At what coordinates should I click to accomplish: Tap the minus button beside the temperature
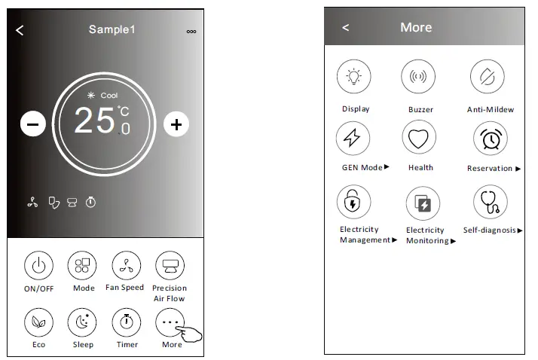33,124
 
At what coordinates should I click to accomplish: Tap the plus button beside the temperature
176,124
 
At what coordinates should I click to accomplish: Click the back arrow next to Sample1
20,30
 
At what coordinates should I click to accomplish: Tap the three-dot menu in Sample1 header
191,31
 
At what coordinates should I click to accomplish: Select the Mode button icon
83,265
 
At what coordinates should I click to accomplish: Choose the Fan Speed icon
126,265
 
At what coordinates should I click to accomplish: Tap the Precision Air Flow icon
169,265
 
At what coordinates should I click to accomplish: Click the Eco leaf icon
39,322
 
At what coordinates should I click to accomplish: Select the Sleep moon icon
83,322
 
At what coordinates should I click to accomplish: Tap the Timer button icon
126,322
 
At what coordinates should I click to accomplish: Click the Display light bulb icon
353,76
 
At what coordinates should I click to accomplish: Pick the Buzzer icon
418,77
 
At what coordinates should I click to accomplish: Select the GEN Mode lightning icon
353,139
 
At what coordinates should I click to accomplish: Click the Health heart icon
418,139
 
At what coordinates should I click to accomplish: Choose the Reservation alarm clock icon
490,139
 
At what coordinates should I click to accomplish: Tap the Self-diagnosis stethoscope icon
490,202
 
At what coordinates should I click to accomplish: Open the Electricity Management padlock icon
353,202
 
